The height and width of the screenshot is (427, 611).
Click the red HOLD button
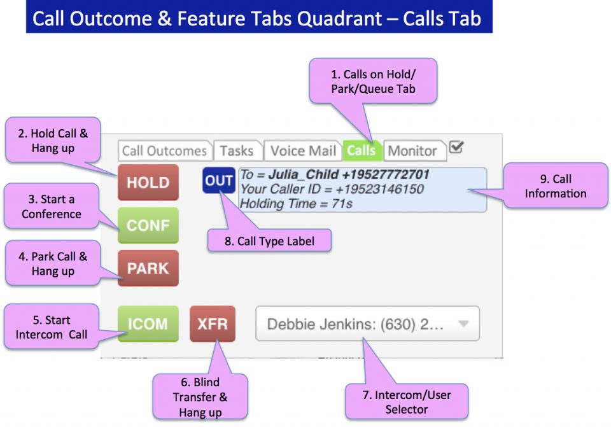pyautogui.click(x=148, y=183)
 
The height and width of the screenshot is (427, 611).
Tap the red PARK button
pyautogui.click(x=148, y=268)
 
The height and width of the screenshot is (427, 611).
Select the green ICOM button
pyautogui.click(x=148, y=324)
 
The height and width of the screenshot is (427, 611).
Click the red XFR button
pyautogui.click(x=213, y=324)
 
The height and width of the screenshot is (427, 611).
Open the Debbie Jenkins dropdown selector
pyautogui.click(x=367, y=324)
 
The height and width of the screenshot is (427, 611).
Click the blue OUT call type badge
pyautogui.click(x=219, y=181)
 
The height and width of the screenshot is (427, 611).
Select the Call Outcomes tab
pyautogui.click(x=164, y=151)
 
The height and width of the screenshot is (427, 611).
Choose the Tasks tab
pyautogui.click(x=237, y=151)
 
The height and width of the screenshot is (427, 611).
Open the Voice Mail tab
pyautogui.click(x=303, y=151)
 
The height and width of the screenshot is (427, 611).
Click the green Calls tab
pyautogui.click(x=362, y=151)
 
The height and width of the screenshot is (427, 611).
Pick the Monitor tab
pyautogui.click(x=412, y=151)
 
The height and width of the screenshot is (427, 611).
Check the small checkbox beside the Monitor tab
pyautogui.click(x=456, y=147)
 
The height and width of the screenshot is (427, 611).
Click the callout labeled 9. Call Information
pyautogui.click(x=556, y=185)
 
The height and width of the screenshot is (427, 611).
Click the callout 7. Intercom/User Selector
pyautogui.click(x=406, y=402)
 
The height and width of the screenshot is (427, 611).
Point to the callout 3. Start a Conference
pyautogui.click(x=52, y=207)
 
